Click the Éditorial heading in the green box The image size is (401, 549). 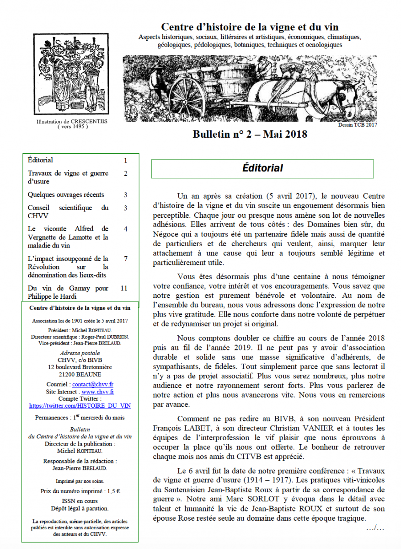tap(262, 168)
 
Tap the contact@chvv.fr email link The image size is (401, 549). tap(93, 385)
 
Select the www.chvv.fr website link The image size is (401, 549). tap(98, 392)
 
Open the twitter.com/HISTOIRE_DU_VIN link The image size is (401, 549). tap(80, 405)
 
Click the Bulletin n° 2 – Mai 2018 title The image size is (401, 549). tap(250, 134)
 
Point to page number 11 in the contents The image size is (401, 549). tap(123, 288)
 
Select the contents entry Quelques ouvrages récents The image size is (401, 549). tap(66, 194)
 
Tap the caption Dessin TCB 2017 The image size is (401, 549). tap(358, 124)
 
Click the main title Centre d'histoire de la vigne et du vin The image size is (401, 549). tap(250, 27)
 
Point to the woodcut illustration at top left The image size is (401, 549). tap(73, 75)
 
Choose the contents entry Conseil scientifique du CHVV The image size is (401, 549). tap(68, 211)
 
